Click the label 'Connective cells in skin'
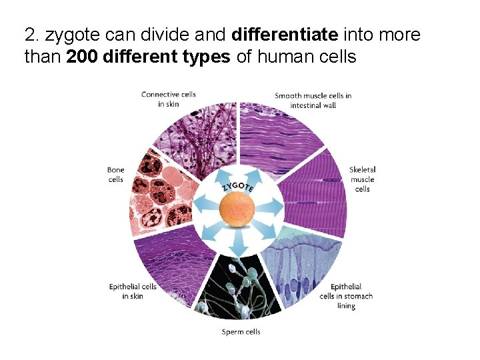point(168,99)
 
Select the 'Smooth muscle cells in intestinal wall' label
point(313,100)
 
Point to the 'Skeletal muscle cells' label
point(363,179)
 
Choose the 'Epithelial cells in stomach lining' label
point(346,296)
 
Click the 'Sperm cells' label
point(241,331)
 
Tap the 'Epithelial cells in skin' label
point(133,291)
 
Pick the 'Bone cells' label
point(115,175)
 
